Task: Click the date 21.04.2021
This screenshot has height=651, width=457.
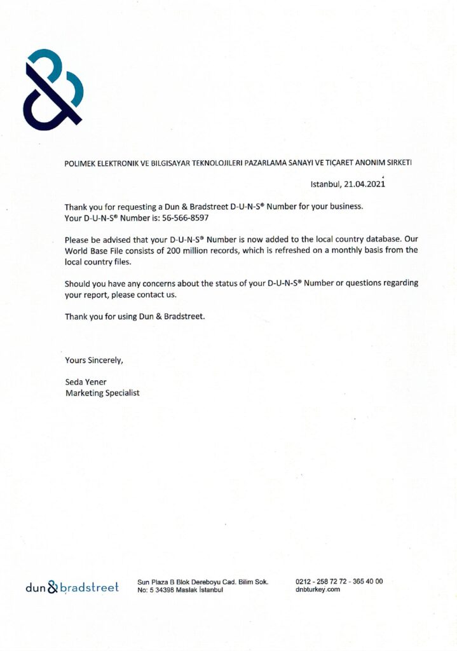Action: coord(365,184)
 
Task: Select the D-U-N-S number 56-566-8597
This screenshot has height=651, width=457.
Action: coord(186,217)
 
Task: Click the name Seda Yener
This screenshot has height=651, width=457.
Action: coord(86,381)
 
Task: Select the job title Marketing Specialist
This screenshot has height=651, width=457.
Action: coord(102,393)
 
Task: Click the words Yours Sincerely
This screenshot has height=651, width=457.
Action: coord(93,360)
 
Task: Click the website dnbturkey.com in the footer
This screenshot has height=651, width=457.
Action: coord(318,589)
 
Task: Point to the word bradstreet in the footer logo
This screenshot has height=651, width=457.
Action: coord(89,588)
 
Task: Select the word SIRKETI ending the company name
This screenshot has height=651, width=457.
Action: coord(397,163)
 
